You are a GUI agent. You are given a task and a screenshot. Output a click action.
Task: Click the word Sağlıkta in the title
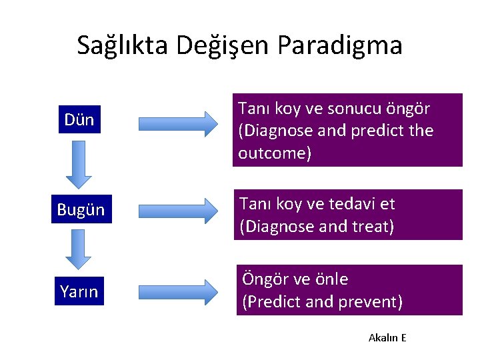123,45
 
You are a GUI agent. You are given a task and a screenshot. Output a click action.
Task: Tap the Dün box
79,120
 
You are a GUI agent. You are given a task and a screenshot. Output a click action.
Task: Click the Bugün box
81,209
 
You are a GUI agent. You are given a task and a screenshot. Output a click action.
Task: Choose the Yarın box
79,291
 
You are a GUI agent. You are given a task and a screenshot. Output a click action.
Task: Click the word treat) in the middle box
371,227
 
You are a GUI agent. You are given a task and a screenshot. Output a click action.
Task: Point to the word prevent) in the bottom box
370,302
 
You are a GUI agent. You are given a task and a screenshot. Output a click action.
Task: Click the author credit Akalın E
387,337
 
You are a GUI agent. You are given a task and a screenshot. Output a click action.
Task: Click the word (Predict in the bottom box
267,302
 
